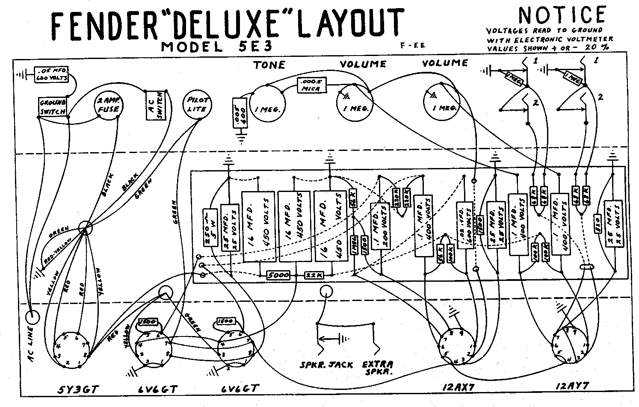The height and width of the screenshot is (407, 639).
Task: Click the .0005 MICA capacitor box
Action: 311,85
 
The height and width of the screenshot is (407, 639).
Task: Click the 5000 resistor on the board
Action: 278,275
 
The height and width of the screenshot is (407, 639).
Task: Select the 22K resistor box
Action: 314,275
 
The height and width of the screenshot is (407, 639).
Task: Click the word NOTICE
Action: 562,15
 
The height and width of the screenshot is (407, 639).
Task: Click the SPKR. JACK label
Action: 326,365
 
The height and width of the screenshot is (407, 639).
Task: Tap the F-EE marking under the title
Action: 413,46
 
